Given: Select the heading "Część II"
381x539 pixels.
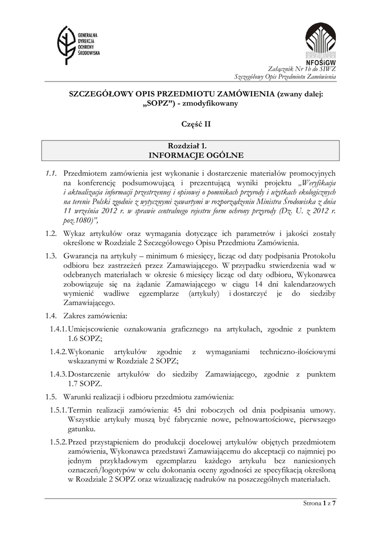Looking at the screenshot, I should [190, 124].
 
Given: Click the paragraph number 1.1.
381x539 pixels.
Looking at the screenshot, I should [51, 173].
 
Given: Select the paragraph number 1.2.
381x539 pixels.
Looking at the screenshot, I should [51, 233].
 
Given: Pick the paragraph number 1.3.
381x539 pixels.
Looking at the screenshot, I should [51, 256].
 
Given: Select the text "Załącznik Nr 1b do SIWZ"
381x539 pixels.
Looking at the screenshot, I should [302, 69].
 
